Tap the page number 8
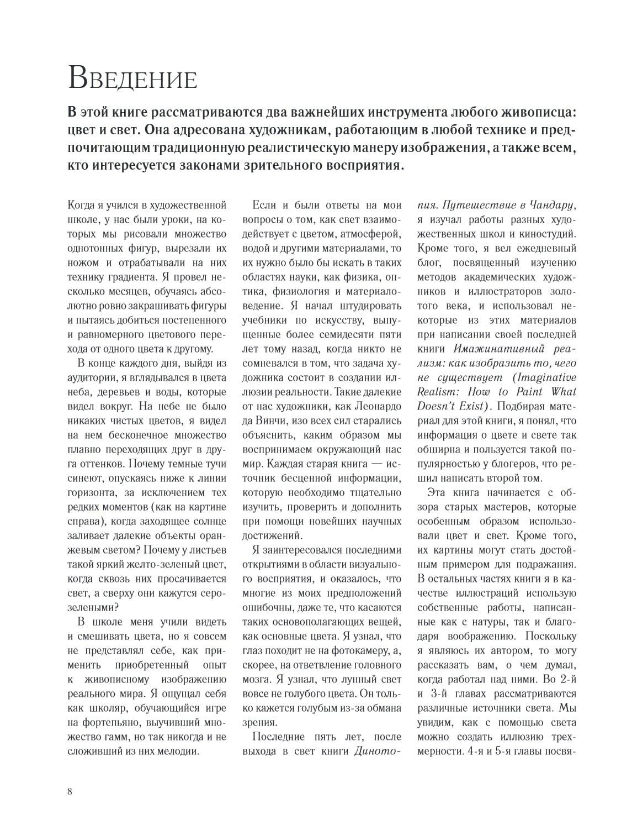[x=70, y=791]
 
